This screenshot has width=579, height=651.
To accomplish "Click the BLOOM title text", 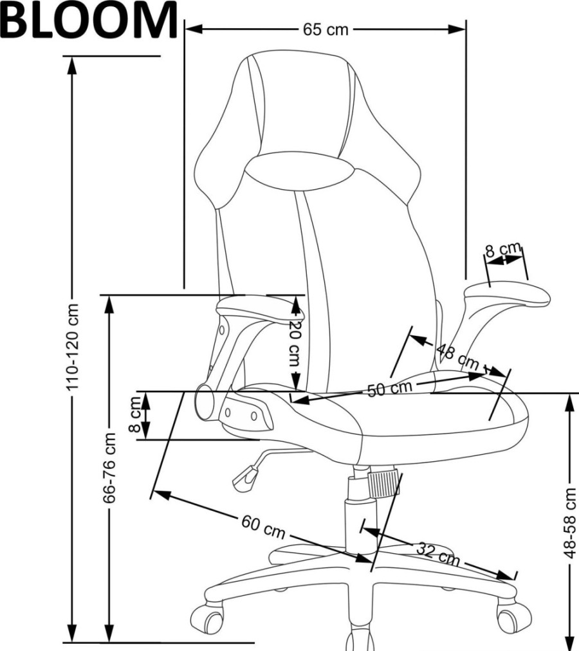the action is coord(89,19).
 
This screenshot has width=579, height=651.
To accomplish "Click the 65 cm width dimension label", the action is coord(326,30).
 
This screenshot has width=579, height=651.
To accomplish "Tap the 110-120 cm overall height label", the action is coord(73,347).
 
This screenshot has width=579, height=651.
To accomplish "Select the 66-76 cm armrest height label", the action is coord(109,468).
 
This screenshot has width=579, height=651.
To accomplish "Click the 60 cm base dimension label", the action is coord(263,526).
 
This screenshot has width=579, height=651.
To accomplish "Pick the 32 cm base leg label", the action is coord(437,554).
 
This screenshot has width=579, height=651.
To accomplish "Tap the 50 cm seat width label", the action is coord(390,388).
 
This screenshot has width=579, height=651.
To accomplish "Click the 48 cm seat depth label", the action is coord(458,357).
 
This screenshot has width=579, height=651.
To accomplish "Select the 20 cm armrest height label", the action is coord(295,343).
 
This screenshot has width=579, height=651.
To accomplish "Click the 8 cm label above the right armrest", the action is coord(503,250).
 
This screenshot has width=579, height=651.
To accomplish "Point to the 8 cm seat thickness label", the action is coord(135,414).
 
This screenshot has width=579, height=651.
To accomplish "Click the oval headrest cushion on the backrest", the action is coord(300,172).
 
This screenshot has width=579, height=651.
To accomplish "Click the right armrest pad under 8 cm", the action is coord(507,295).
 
